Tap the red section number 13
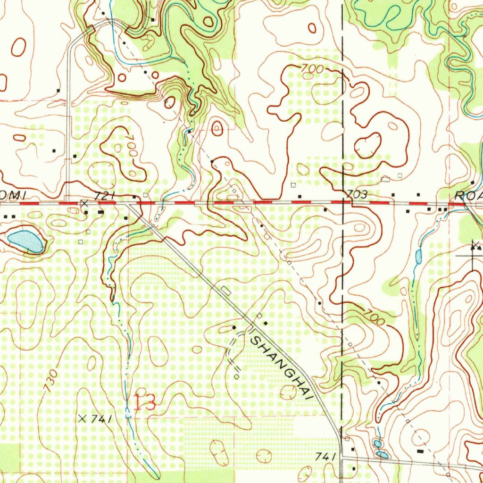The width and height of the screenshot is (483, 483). (145, 402)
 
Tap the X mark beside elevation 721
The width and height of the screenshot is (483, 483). (84, 203)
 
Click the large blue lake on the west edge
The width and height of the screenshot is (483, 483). (26, 241)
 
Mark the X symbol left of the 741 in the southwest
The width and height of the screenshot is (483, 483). (83, 418)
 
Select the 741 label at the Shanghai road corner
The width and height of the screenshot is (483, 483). (325, 456)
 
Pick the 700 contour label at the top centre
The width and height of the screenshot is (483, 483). (312, 69)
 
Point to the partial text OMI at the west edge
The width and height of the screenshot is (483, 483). (12, 195)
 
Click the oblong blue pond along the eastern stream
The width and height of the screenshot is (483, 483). (418, 257)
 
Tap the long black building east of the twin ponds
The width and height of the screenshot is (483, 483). (421, 451)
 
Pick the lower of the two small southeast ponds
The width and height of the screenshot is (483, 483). (383, 455)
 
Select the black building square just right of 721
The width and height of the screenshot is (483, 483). (134, 195)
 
